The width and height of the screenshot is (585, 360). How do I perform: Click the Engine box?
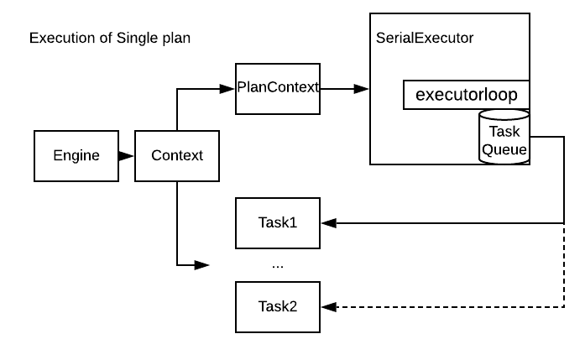pos(76,155)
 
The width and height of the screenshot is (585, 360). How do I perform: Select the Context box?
pos(176,155)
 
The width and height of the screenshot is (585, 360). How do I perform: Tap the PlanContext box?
pos(278,88)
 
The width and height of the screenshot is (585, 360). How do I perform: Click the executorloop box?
pos(467,95)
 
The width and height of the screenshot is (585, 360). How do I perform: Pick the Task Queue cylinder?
pos(504,138)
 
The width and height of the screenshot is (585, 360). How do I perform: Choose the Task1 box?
pos(278,223)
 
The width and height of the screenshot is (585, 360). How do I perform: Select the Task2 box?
pos(278,306)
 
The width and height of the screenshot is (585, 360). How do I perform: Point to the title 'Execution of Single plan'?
pos(110,39)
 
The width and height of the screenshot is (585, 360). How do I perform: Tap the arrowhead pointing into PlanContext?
pos(228,88)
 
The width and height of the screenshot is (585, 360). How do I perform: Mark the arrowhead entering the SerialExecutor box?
pos(362,88)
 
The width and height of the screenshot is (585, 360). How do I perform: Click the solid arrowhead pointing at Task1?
pos(328,223)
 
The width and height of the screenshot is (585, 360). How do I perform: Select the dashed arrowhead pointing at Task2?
pos(328,306)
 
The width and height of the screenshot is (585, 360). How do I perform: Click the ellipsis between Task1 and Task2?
pos(278,265)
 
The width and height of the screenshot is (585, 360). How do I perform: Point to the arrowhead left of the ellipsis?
pos(201,265)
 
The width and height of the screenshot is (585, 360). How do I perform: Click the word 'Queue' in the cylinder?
pos(504,150)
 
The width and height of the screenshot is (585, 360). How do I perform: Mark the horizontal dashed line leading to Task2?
pos(445,306)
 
